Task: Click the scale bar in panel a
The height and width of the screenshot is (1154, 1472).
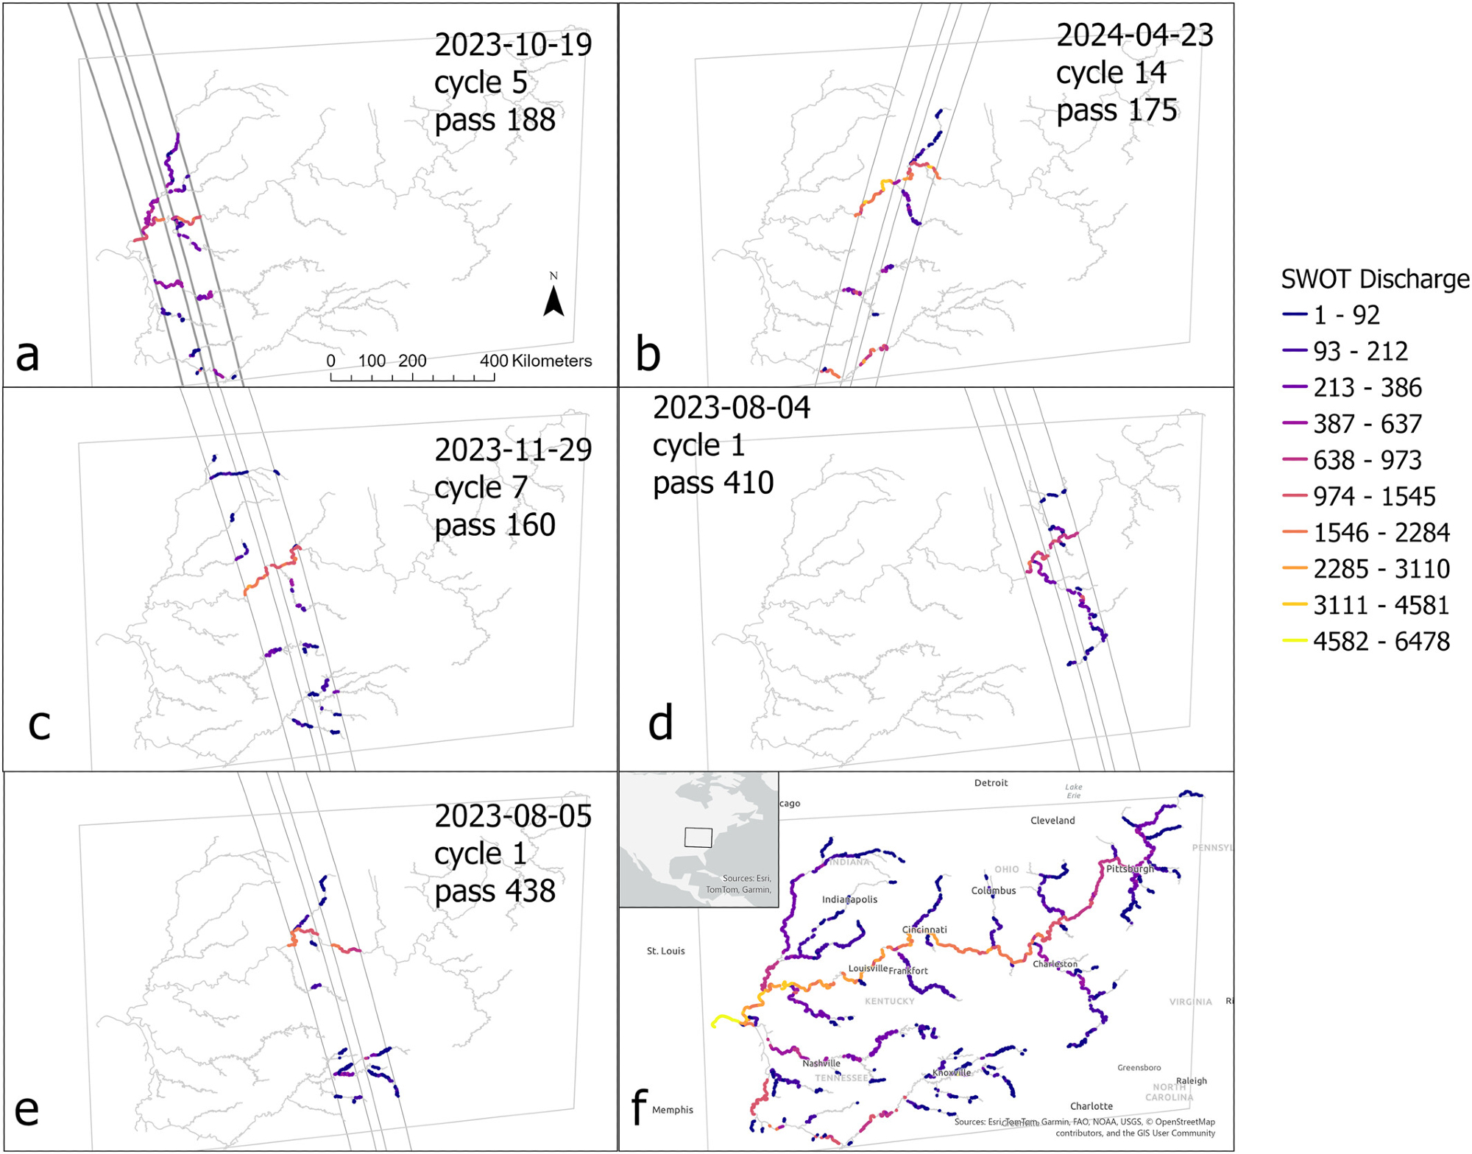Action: click(412, 376)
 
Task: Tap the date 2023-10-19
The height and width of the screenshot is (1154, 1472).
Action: click(513, 45)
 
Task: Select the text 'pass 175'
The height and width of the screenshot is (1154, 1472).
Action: click(1117, 110)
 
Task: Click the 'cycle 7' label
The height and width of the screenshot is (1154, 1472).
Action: click(481, 487)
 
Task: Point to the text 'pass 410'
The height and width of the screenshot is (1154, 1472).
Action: click(712, 484)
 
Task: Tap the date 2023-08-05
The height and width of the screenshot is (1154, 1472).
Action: click(513, 816)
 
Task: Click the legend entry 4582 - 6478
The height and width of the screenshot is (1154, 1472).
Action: click(1381, 641)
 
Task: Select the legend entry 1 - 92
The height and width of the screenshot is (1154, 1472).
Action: click(1346, 315)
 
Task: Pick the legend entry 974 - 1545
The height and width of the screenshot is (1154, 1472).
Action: click(1373, 496)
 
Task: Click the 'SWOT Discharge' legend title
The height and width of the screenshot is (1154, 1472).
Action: click(1375, 279)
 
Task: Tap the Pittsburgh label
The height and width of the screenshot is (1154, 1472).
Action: click(1130, 868)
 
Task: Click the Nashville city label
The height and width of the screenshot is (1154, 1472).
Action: click(821, 1063)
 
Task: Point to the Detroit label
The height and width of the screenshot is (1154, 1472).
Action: click(991, 783)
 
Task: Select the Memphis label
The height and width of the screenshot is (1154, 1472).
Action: click(672, 1110)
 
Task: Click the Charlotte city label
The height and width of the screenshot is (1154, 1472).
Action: click(1091, 1105)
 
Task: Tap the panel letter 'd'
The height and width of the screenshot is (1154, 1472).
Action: click(660, 723)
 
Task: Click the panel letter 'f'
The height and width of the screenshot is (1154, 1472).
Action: click(639, 1105)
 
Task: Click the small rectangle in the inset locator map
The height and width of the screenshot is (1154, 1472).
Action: click(698, 838)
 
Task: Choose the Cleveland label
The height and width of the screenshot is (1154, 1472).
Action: click(1052, 820)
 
